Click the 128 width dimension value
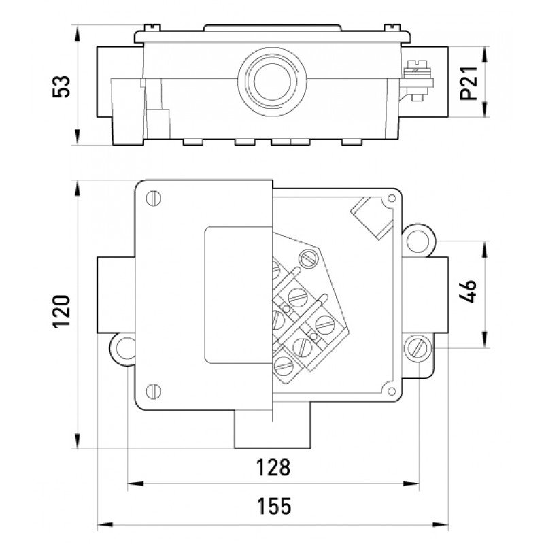click(273, 468)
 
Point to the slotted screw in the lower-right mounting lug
click(416, 349)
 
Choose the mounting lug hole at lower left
click(124, 347)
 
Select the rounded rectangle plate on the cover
click(235, 294)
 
